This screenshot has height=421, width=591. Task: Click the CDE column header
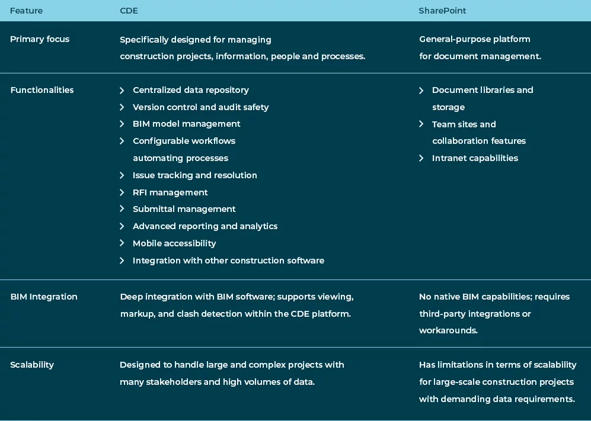click(129, 11)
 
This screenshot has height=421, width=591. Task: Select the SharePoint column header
click(442, 11)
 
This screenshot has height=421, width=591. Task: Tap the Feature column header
click(26, 11)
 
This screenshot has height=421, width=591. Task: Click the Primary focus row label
click(40, 39)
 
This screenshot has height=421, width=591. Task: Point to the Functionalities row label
click(42, 90)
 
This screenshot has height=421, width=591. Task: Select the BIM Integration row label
click(44, 297)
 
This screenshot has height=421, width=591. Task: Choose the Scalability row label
click(32, 365)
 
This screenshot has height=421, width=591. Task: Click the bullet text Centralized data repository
click(190, 90)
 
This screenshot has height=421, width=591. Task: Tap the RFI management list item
click(170, 192)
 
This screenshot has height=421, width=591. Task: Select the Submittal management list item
click(184, 209)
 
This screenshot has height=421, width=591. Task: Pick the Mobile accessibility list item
click(174, 243)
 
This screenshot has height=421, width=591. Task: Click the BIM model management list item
click(186, 124)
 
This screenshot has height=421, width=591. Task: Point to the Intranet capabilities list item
click(475, 158)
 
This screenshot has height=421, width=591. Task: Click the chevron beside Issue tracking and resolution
click(122, 175)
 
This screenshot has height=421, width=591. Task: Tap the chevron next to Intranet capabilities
click(421, 158)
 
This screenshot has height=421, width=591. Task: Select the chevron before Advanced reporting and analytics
click(122, 226)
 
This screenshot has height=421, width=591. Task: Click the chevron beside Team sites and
click(421, 124)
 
